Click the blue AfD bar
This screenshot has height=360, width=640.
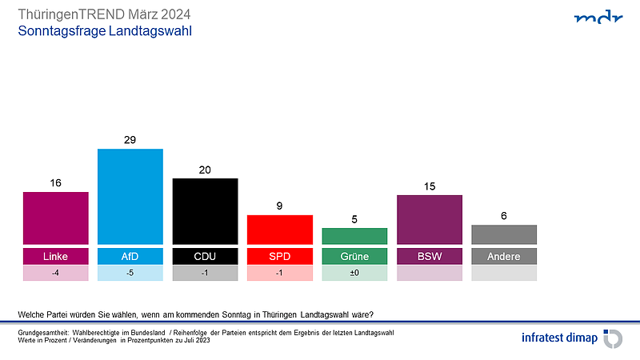(130, 196)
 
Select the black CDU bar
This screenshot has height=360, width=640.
(205, 211)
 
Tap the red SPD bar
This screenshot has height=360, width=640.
(279, 230)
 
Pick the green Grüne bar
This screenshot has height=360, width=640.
(354, 236)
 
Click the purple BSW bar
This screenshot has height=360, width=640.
(429, 219)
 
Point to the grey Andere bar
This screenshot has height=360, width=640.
(504, 234)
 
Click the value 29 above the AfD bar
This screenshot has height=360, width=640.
(130, 140)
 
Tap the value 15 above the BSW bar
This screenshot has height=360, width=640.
(429, 186)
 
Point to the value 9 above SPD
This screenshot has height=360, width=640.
(279, 206)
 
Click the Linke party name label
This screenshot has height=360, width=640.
(55, 257)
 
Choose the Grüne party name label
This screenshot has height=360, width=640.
(354, 257)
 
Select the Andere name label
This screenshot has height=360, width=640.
(504, 257)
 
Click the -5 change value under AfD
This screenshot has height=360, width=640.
(130, 273)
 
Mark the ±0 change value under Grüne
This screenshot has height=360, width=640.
(354, 273)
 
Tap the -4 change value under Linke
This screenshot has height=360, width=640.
(55, 273)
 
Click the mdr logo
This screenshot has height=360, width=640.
(598, 18)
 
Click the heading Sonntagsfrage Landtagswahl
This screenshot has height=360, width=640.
(105, 31)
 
